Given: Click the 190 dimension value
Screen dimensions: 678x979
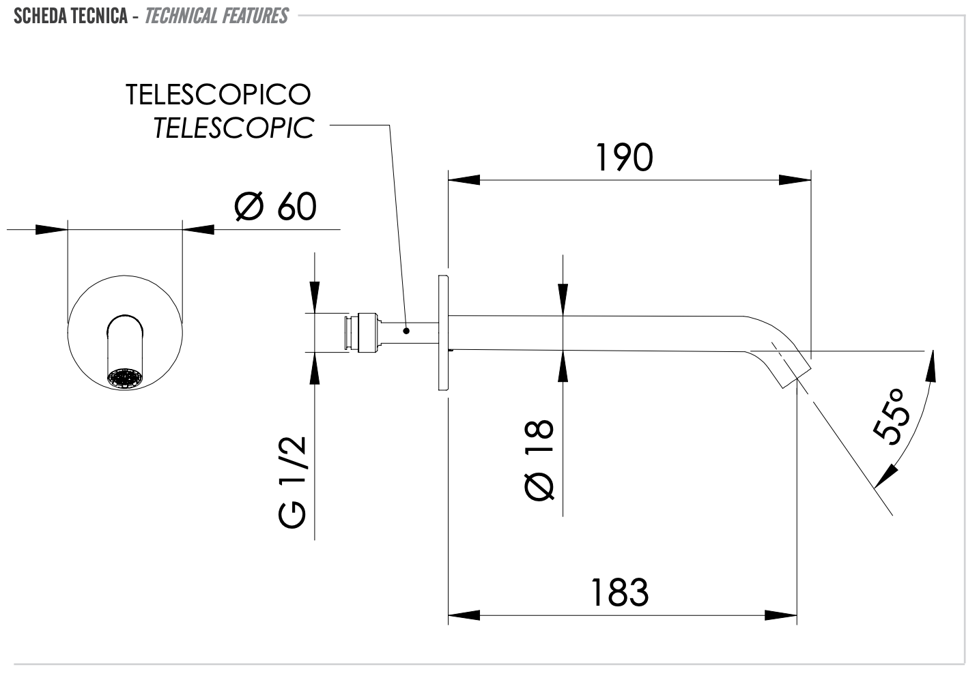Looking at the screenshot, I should (624, 158).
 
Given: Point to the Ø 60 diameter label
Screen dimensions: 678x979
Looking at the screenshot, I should (275, 206).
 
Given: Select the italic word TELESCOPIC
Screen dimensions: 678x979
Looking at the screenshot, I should (233, 128).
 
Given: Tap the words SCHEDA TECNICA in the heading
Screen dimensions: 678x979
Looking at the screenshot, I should (70, 16).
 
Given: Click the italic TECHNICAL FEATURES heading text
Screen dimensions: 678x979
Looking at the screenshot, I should (216, 16).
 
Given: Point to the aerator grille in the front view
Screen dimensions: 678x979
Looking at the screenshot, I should (125, 379).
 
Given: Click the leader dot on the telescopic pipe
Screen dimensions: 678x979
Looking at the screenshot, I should (406, 331).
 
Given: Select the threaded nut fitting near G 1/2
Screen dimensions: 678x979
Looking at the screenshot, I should (365, 333).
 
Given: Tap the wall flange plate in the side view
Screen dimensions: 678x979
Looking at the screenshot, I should (443, 332).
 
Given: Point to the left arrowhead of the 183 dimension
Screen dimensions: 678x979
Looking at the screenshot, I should (464, 615).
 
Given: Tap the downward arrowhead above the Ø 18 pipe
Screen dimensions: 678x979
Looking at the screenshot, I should (562, 300).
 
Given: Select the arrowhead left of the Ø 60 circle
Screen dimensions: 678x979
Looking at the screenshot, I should (51, 229).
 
